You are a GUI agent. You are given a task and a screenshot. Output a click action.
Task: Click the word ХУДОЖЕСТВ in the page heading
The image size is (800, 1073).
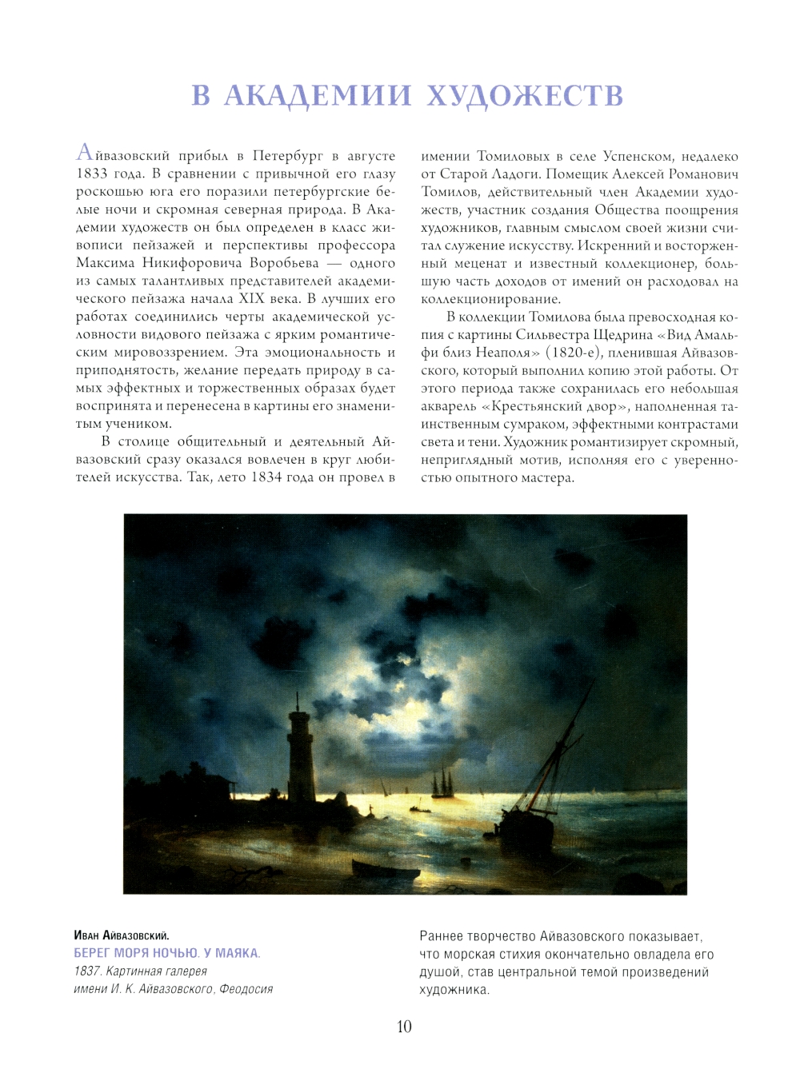526,95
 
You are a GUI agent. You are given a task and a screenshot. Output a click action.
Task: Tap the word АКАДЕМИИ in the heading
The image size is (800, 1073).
318,95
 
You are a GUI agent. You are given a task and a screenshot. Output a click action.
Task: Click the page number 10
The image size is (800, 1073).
404,1027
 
